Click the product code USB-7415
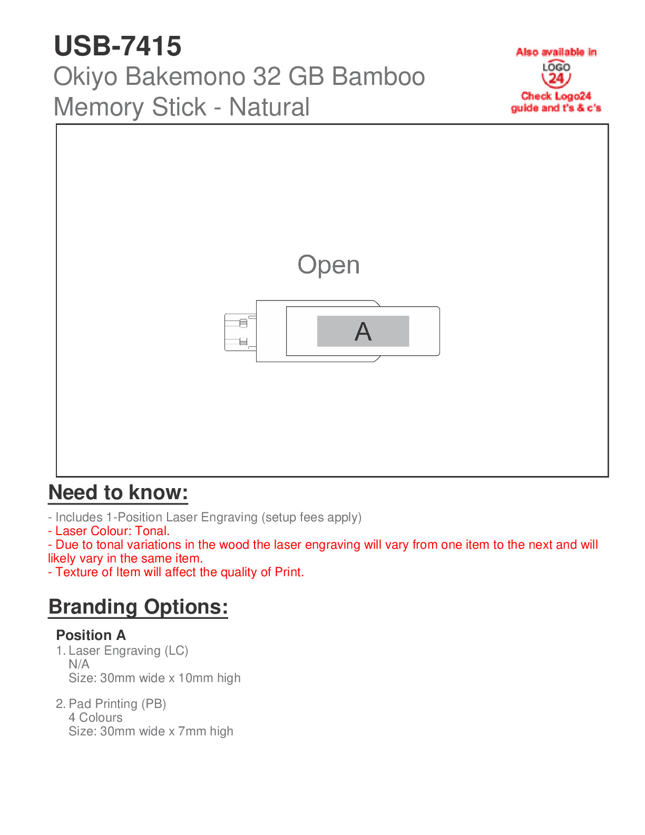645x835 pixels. tap(118, 46)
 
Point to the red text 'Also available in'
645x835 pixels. tap(556, 52)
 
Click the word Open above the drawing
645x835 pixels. tap(328, 265)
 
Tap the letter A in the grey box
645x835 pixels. tap(363, 332)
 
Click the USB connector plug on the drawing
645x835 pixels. tap(240, 332)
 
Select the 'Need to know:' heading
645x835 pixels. tap(118, 492)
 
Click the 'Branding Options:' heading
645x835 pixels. tap(138, 607)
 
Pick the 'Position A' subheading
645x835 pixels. tap(91, 635)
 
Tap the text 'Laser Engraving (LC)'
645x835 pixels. tap(128, 650)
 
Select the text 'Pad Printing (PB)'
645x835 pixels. tap(117, 704)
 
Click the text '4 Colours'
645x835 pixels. tap(95, 717)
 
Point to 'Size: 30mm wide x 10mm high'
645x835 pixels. tap(154, 678)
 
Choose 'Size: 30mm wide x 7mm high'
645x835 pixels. tap(151, 731)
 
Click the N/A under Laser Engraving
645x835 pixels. tap(79, 664)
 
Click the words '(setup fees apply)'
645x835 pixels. tap(311, 517)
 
